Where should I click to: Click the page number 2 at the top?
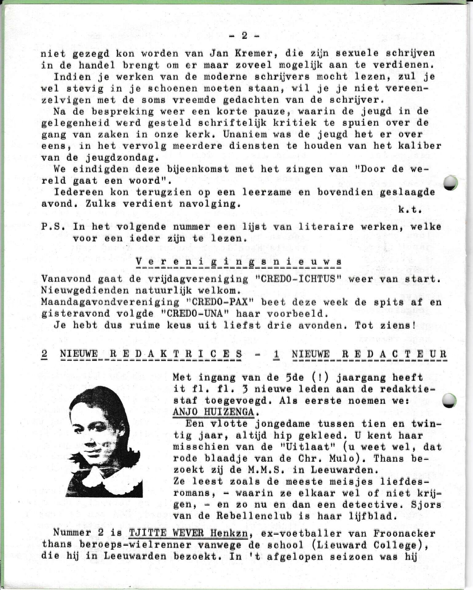(244, 36)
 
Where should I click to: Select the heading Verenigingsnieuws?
(238, 262)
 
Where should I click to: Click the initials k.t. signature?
(409, 210)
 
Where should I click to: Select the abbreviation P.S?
(53, 227)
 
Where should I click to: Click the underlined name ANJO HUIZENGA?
(213, 412)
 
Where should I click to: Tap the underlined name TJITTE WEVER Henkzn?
(188, 533)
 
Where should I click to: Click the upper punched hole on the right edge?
(451, 183)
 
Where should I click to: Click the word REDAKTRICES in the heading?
(176, 354)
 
